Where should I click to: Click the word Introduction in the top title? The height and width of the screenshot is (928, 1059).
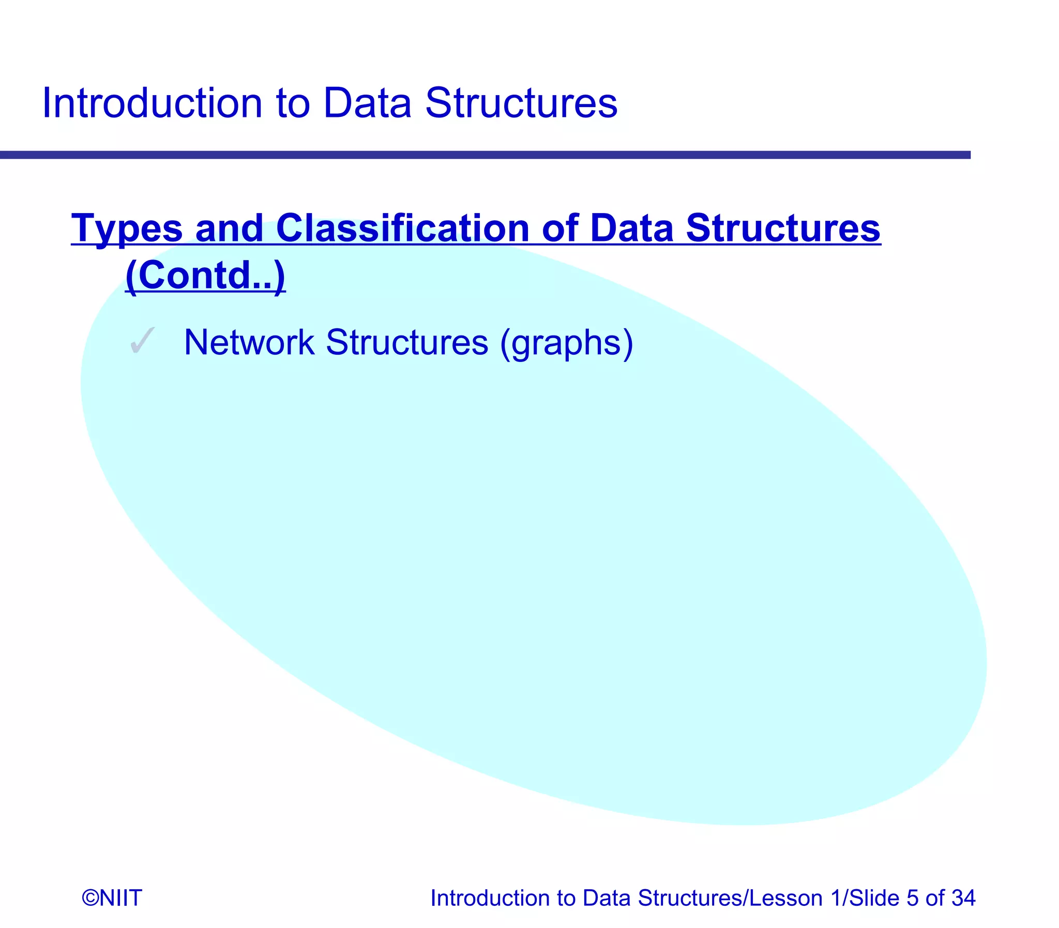[x=152, y=103]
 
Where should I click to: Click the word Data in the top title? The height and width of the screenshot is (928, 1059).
[x=367, y=103]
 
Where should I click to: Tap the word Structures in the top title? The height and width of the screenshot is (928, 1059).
[x=521, y=103]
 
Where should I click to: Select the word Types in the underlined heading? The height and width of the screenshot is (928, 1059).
[x=127, y=229]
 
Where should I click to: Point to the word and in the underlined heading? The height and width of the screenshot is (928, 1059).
[x=229, y=229]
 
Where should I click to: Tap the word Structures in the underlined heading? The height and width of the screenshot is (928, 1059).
[x=783, y=229]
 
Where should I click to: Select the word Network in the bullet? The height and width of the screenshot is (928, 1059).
[x=249, y=342]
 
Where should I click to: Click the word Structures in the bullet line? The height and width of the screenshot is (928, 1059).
[x=407, y=342]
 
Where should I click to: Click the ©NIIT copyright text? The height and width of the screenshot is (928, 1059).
[x=112, y=897]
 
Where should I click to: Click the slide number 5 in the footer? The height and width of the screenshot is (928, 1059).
[x=913, y=897]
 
